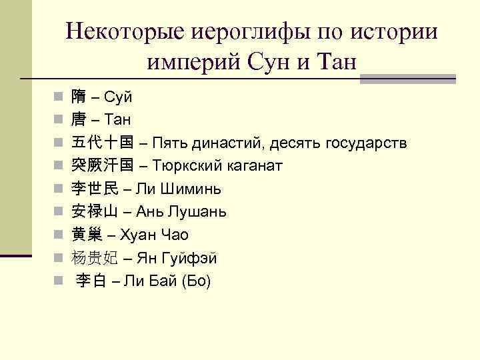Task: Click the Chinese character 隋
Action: point(79,97)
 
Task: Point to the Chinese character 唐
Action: point(79,120)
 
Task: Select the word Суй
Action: point(119,97)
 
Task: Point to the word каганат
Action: point(256,165)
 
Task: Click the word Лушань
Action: point(197,212)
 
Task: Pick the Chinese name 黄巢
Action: point(87,235)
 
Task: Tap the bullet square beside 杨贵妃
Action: point(59,258)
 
